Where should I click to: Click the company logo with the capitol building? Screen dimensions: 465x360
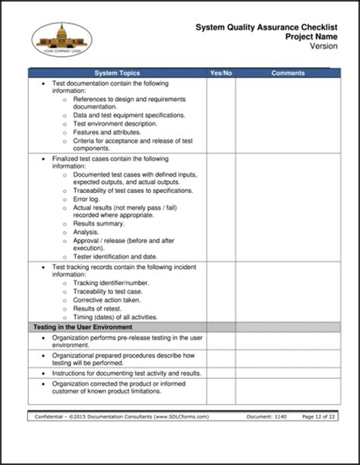(62, 37)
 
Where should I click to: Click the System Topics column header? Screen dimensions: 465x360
(117, 73)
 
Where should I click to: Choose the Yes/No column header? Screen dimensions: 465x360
(220, 73)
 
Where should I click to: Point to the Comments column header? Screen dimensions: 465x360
(288, 73)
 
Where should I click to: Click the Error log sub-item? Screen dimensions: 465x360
(90, 199)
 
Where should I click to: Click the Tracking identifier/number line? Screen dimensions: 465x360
(111, 282)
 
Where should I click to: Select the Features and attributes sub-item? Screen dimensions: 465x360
(106, 131)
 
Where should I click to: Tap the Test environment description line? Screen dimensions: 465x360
(115, 123)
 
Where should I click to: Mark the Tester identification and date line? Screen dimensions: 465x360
(116, 256)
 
